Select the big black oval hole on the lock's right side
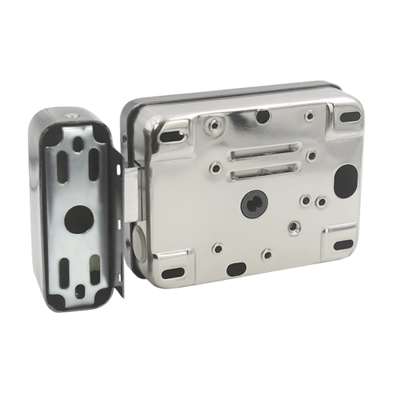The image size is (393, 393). [344, 178]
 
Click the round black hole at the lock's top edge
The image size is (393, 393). [263, 117]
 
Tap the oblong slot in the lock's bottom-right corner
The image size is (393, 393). [343, 244]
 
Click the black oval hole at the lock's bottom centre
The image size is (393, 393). [235, 269]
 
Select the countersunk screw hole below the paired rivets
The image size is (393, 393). [295, 227]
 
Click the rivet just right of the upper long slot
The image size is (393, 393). [311, 156]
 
